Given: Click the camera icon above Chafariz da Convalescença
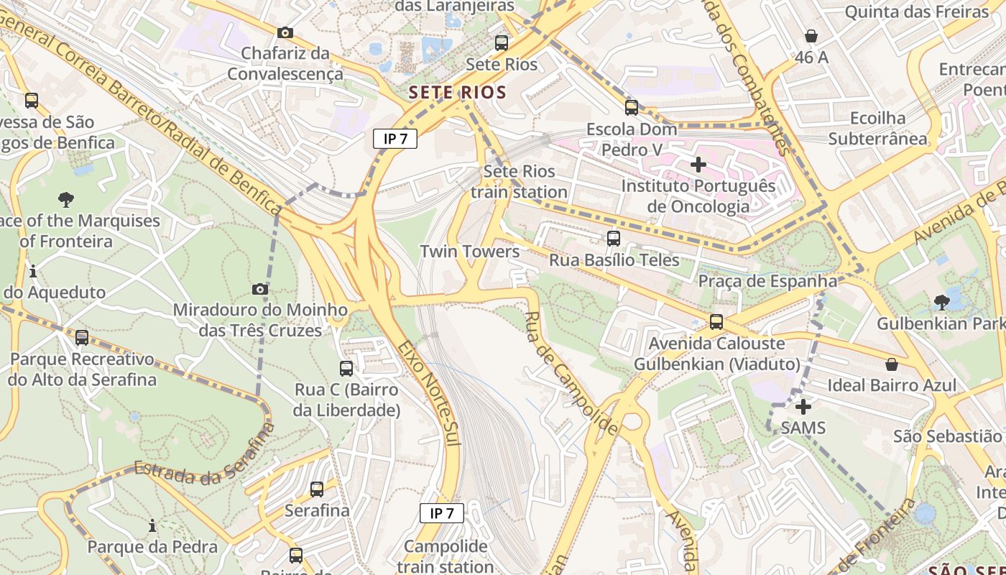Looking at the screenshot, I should click(285, 32).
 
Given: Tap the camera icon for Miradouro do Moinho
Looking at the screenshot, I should click(260, 290).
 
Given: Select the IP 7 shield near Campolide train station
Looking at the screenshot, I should click(442, 513).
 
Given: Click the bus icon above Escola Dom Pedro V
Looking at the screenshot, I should click(632, 108).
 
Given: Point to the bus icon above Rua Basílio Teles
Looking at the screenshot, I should click(614, 239).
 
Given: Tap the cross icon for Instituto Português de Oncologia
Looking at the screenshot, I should click(698, 165).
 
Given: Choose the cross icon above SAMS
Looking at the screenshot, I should click(803, 407).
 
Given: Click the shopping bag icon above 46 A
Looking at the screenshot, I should click(811, 36).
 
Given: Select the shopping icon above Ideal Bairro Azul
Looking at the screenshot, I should click(892, 364).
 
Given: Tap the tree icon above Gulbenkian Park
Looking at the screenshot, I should click(941, 303).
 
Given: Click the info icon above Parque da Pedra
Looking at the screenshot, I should click(152, 526).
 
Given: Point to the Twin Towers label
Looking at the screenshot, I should click(470, 252).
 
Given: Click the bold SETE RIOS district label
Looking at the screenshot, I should click(458, 92).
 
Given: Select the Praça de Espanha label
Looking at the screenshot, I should click(767, 281).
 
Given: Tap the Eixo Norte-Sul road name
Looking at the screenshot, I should click(430, 393).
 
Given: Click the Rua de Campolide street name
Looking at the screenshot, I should click(571, 374).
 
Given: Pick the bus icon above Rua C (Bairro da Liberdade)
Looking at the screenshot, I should click(346, 369).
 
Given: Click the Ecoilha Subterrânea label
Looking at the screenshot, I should click(877, 128).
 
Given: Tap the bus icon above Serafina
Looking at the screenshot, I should click(317, 489).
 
